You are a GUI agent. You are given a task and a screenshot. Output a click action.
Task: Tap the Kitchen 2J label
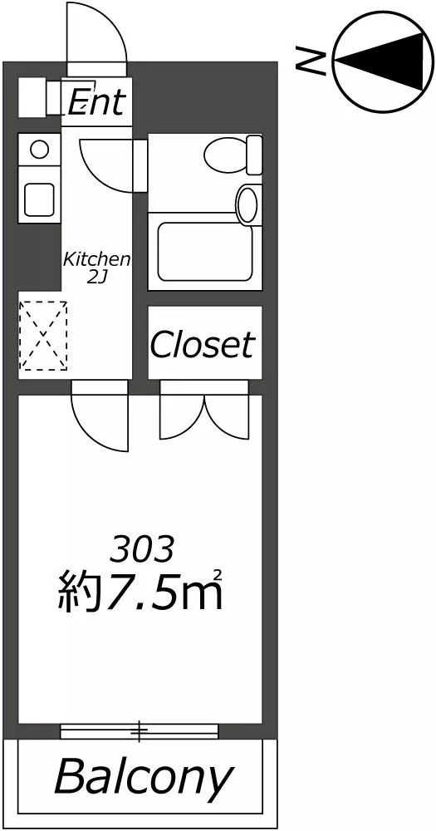point(97,268)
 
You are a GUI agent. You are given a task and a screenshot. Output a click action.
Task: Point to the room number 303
point(141,549)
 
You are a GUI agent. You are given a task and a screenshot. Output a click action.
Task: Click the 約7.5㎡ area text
point(140,589)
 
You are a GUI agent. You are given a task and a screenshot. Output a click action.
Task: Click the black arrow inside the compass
point(380,58)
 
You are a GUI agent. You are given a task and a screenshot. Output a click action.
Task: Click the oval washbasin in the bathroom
point(247,204)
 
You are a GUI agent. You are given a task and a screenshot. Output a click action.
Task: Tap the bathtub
point(206,252)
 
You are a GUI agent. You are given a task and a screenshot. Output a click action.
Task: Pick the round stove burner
point(39,149)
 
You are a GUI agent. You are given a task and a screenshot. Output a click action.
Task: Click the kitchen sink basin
point(39,199)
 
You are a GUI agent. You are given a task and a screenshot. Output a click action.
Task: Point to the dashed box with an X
point(43,336)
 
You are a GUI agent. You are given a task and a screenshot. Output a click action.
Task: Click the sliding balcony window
point(140,731)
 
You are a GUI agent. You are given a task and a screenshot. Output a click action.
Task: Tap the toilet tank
point(255,155)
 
